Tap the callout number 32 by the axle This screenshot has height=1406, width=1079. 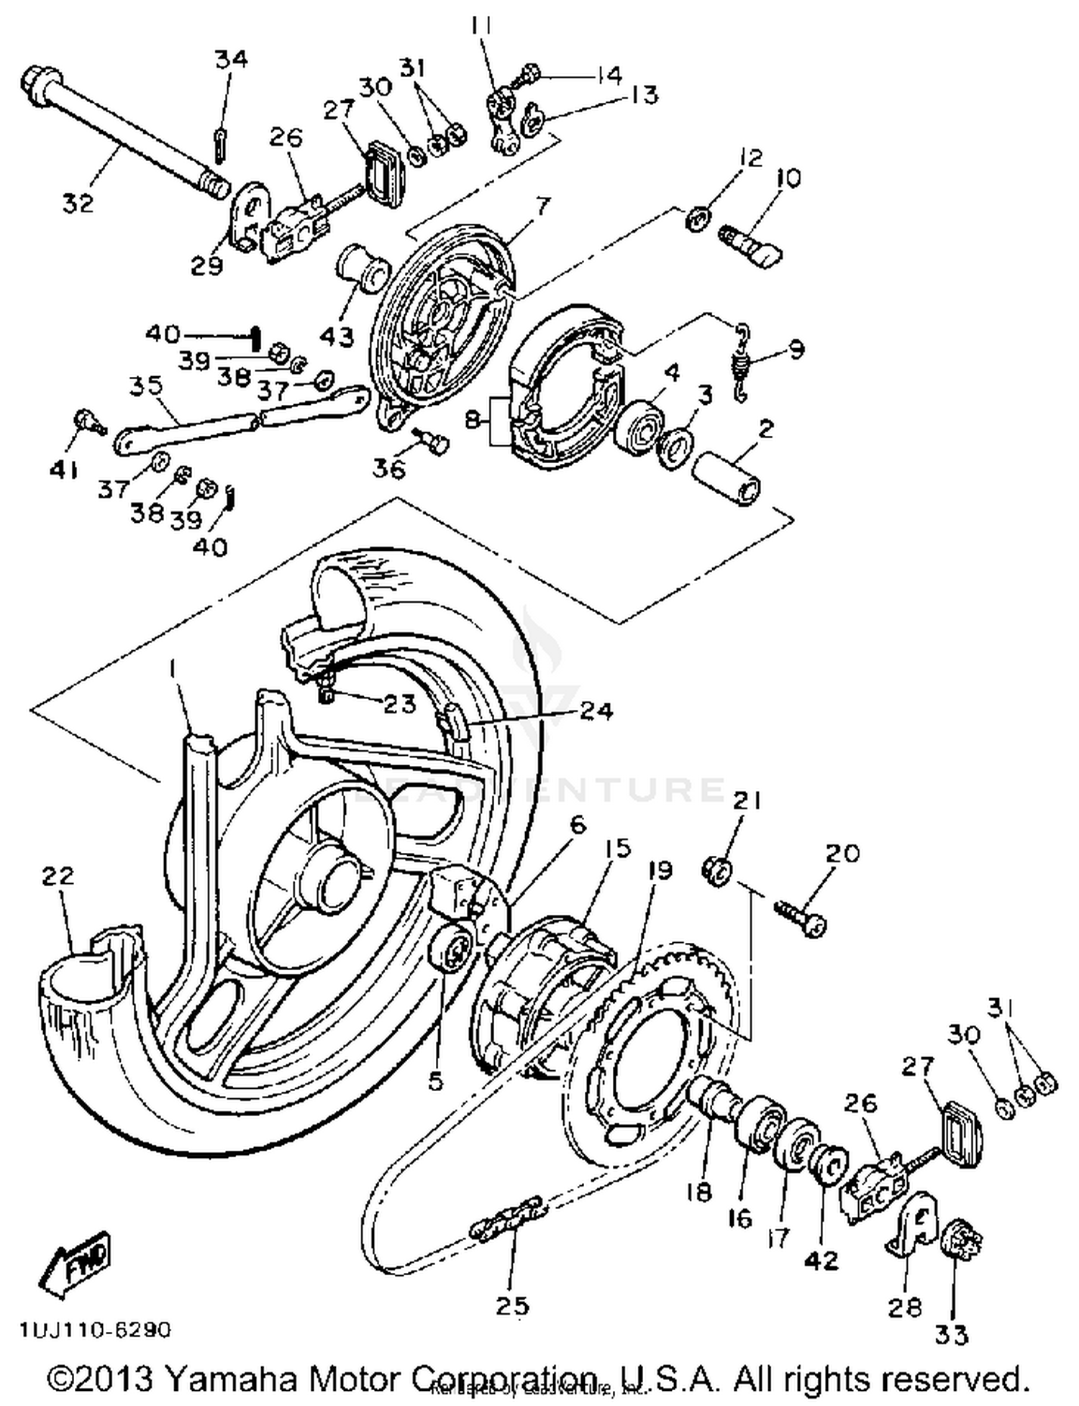coord(78,204)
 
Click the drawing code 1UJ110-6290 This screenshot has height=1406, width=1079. coord(96,1330)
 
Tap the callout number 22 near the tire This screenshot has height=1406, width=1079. coord(58,876)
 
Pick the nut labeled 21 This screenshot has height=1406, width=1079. coord(716,872)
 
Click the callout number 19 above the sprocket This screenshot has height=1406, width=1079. coord(659,870)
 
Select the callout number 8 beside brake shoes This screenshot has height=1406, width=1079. coord(473,419)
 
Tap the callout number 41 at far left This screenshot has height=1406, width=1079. coord(63,470)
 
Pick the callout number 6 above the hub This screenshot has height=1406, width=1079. coord(578,823)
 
